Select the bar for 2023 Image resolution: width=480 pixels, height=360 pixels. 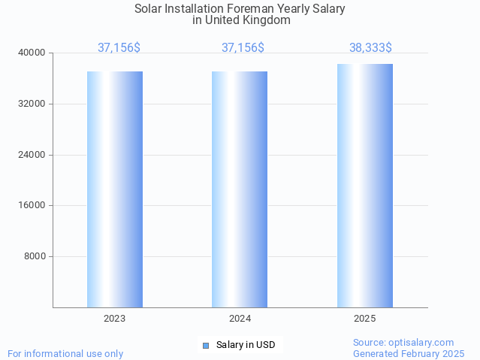[115, 189]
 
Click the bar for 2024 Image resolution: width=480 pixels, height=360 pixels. [240, 189]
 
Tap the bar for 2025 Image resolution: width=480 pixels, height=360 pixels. [365, 185]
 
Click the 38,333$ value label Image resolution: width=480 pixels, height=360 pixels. [370, 47]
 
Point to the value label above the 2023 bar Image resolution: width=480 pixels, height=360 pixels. [119, 47]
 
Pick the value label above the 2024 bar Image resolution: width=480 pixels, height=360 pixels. [243, 47]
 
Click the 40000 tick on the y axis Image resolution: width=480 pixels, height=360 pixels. [32, 53]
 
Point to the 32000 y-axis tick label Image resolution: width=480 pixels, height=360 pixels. [32, 104]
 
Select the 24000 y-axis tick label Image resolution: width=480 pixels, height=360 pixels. [32, 155]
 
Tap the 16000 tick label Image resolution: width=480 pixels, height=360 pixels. [32, 205]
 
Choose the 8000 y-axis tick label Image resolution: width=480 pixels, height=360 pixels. [35, 256]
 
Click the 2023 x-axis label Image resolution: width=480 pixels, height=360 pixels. [115, 319]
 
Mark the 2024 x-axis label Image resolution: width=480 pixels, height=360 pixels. [240, 319]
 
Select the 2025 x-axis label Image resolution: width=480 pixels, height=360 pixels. [365, 319]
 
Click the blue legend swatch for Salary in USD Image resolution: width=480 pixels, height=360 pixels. [206, 346]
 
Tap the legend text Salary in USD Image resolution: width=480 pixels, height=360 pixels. [246, 345]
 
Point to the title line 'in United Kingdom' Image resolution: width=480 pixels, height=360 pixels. [241, 20]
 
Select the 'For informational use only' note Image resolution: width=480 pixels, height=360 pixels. [65, 353]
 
